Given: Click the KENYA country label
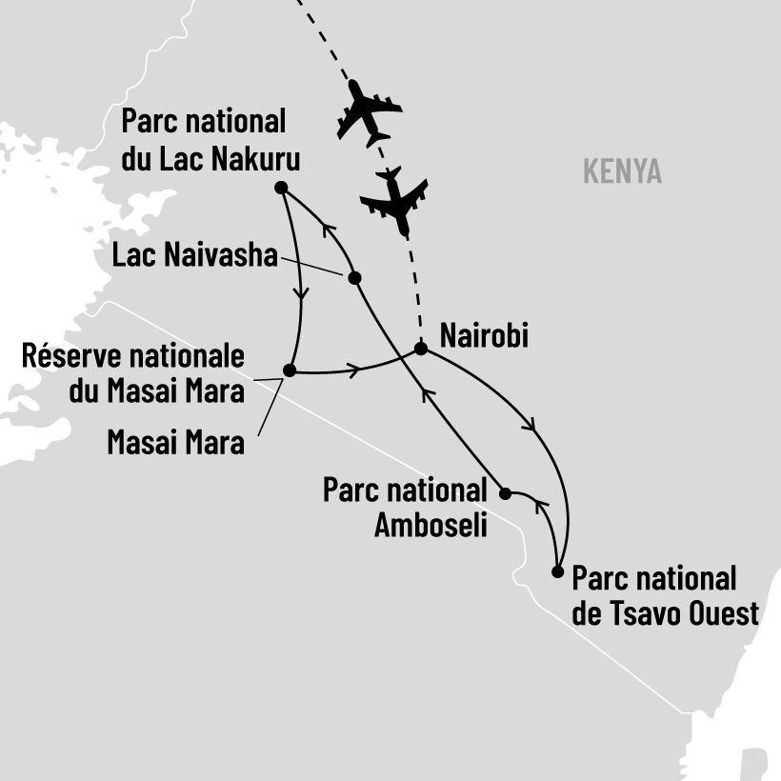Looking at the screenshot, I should (x=621, y=172).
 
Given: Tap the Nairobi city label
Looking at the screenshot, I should (x=484, y=336).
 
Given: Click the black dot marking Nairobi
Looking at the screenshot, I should (x=420, y=349).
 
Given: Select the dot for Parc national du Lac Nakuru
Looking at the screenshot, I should (x=280, y=187).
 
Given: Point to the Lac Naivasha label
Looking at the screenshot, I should (x=194, y=254).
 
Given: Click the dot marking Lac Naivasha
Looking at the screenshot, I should (x=354, y=278).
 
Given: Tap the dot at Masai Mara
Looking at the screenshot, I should (x=290, y=370).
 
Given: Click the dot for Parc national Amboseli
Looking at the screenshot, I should (x=506, y=493).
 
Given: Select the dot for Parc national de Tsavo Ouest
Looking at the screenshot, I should (x=558, y=571).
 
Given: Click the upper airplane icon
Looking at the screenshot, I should (x=369, y=111).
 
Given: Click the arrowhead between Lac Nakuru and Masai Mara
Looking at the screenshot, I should (x=304, y=293).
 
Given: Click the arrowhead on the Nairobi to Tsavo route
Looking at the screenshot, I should (x=531, y=426).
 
